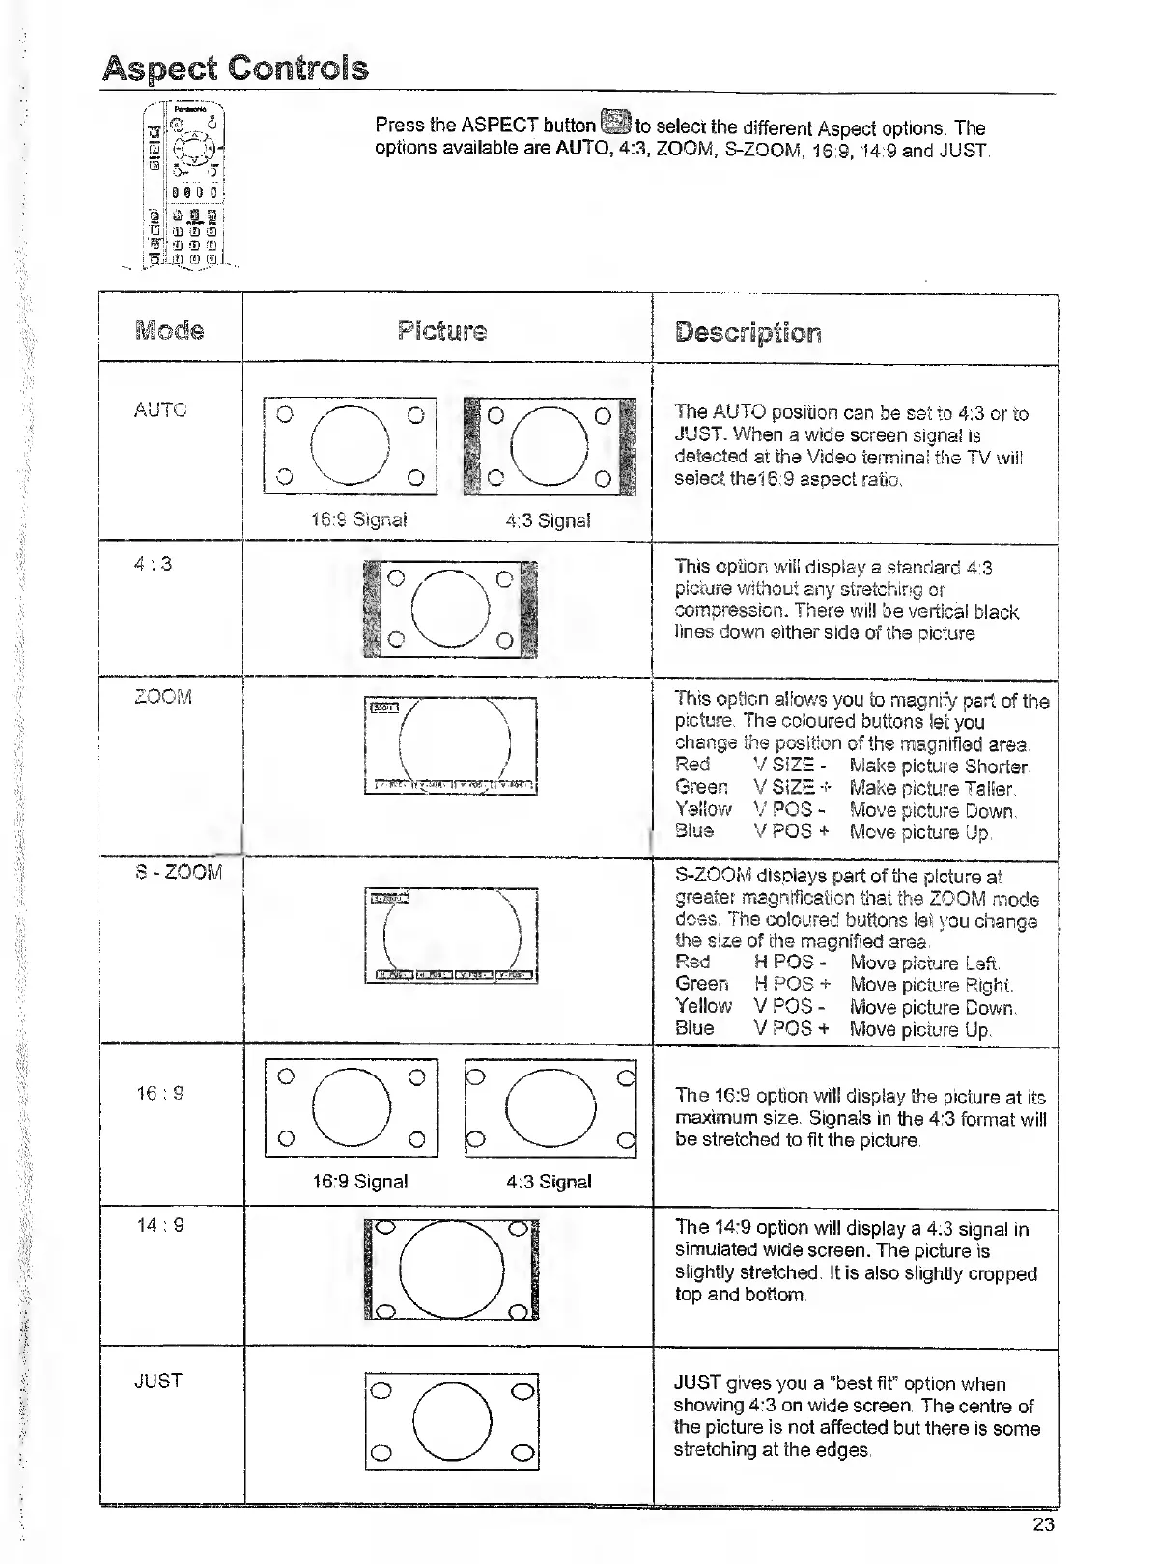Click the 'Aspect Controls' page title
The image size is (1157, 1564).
click(236, 69)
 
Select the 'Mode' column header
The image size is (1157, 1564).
click(170, 330)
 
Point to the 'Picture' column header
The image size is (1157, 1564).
click(442, 331)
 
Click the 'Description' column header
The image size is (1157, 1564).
click(748, 332)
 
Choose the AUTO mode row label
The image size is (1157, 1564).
click(160, 409)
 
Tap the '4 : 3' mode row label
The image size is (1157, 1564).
click(154, 563)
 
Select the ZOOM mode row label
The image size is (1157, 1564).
click(163, 696)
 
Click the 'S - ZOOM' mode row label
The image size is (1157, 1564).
click(179, 872)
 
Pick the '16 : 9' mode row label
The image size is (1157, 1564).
click(160, 1093)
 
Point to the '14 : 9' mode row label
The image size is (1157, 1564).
click(160, 1225)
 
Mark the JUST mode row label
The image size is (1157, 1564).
click(158, 1381)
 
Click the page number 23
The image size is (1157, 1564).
click(1043, 1524)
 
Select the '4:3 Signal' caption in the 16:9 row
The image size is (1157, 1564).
click(549, 1181)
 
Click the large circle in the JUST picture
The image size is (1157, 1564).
click(452, 1421)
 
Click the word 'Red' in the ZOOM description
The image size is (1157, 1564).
click(692, 765)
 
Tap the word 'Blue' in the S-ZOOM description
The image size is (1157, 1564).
click(694, 1028)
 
